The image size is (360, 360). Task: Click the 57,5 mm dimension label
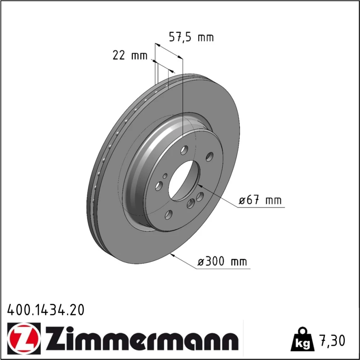[191, 37]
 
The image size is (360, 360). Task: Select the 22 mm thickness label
[130, 55]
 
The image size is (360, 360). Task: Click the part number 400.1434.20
[46, 310]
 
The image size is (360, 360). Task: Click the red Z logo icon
[24, 337]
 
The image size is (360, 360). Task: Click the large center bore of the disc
[184, 180]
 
